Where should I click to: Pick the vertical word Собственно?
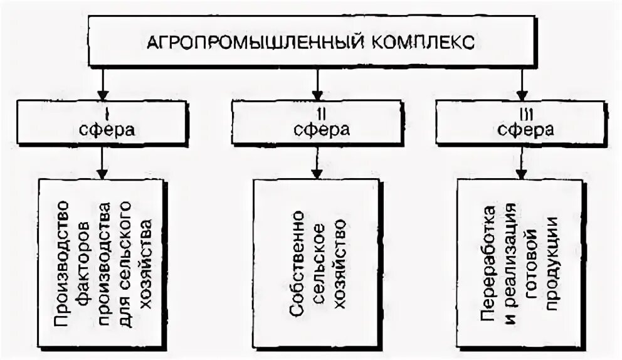(297, 263)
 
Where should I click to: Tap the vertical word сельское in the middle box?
(319, 263)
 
